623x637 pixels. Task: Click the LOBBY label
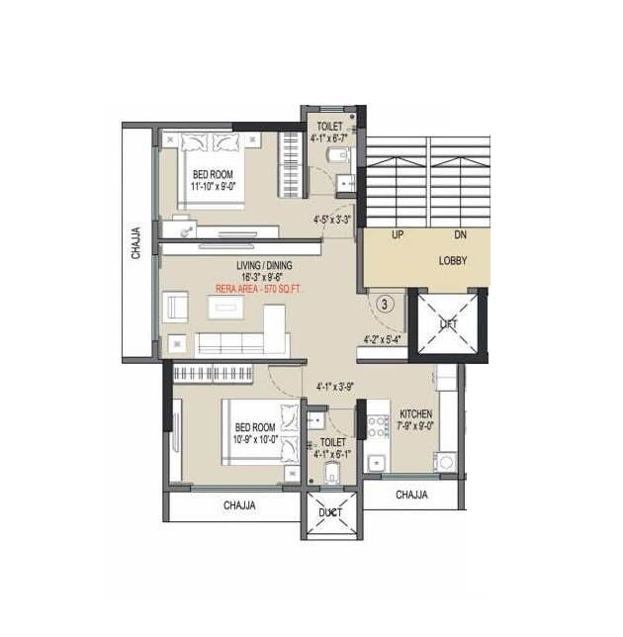(453, 261)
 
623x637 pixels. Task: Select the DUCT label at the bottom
(330, 512)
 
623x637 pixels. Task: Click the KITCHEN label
(415, 414)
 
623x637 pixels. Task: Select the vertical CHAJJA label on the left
(136, 242)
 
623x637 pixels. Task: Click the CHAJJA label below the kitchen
(411, 494)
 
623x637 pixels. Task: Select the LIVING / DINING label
(263, 266)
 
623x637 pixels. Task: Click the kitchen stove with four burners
(377, 427)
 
